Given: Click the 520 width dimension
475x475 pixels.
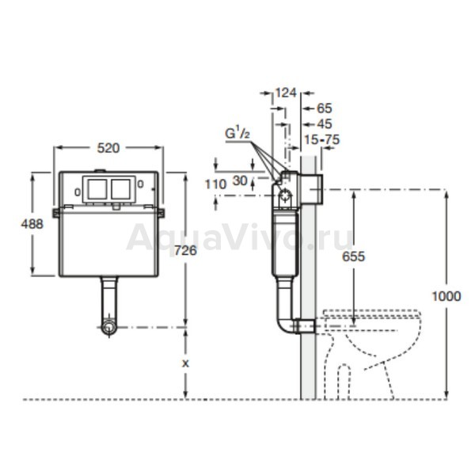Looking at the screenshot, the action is pos(108,148).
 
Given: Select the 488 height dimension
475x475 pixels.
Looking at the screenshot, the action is pos(32,224).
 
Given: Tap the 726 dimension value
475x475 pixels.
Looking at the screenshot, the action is pos(185,250).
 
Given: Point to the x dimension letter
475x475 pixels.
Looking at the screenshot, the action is pos(185,363).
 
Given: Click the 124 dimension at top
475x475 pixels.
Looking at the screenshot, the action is pos(286,93).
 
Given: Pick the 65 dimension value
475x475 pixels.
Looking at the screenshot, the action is pos(325,108).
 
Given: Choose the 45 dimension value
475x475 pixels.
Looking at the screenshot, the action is pos(325,124).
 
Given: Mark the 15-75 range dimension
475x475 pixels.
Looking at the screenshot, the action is pos(321,139).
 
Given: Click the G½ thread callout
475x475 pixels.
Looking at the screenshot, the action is pos(237,133).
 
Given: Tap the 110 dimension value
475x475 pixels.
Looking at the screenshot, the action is pos(215,184).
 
